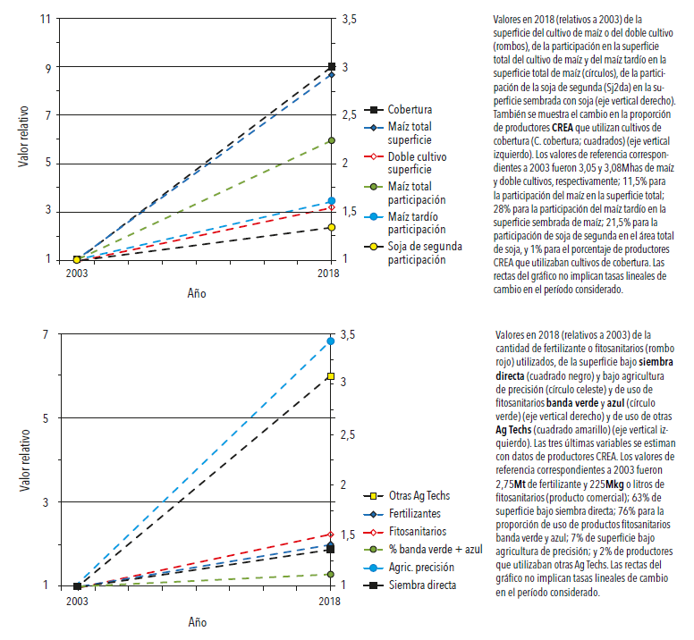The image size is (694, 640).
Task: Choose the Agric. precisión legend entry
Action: tap(421, 568)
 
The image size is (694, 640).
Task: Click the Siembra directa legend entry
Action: tap(421, 585)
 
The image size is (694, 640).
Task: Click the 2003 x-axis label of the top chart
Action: tap(77, 274)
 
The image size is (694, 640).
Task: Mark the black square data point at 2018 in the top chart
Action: tap(332, 67)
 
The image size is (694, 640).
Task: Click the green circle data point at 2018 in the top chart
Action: tap(332, 140)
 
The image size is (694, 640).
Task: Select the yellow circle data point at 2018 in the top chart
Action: tap(332, 227)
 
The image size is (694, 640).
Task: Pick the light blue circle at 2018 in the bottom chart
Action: tap(332, 341)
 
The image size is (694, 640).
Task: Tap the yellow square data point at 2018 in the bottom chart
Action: tap(332, 376)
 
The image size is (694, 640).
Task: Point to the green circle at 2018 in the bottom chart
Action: tap(332, 575)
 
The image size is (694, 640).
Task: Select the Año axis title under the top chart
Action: tap(198, 292)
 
